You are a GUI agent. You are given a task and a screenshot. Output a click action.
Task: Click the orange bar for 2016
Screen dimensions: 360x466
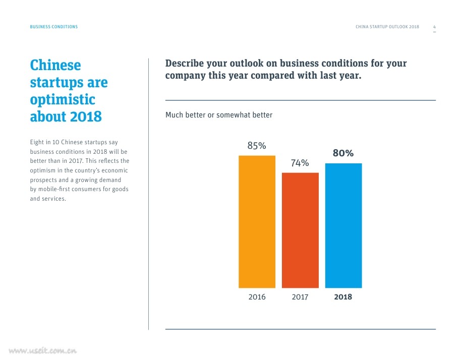257,222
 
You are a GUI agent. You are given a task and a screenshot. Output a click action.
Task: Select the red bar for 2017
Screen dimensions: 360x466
300,230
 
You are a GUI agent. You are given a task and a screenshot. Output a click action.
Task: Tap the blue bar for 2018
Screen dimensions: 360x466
343,225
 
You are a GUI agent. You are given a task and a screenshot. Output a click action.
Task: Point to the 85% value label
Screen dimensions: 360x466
256,146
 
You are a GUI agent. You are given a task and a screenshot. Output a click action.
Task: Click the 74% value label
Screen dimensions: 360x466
300,163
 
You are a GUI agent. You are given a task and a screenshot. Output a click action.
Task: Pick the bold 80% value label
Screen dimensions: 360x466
343,153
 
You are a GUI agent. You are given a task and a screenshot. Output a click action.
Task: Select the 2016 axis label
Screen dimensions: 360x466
257,297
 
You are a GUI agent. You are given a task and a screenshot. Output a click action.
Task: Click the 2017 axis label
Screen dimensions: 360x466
300,297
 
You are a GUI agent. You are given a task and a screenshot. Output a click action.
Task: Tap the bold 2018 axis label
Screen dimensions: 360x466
343,297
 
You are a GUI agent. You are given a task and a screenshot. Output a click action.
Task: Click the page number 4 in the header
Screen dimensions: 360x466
434,27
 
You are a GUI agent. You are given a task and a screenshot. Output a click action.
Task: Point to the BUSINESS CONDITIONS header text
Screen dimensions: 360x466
54,27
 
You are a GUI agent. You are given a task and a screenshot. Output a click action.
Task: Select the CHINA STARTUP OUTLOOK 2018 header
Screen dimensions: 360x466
387,27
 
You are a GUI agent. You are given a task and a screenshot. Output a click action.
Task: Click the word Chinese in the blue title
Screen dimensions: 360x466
55,66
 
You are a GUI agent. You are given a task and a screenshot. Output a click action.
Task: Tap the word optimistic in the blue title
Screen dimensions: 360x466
63,99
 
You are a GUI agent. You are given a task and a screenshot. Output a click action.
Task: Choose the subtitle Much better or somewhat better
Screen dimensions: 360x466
219,115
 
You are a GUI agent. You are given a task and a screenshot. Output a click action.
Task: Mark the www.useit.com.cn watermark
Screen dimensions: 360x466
42,350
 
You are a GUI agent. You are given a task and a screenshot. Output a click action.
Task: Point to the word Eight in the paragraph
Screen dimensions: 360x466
37,143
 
